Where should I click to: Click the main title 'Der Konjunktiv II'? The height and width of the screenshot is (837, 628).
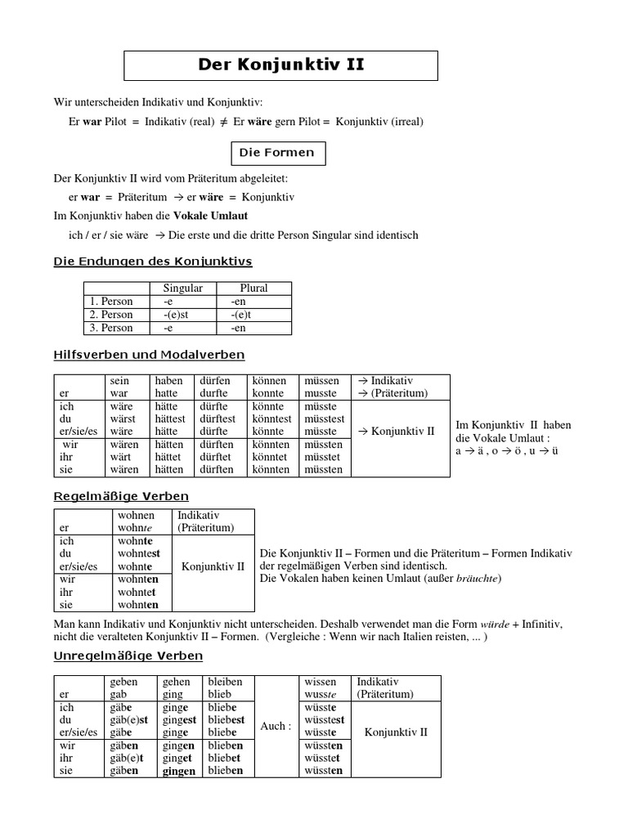281,65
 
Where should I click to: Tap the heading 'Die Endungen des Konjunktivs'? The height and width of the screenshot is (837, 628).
152,262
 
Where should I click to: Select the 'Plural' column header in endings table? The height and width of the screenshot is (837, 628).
253,288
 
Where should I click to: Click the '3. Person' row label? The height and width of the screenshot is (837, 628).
111,328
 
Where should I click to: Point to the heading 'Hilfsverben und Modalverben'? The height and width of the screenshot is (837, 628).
149,355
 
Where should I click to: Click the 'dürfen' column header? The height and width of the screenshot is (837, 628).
215,381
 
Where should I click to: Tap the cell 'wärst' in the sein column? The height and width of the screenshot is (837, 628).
122,418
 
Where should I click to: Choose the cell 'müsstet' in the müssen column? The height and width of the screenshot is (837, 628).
324,457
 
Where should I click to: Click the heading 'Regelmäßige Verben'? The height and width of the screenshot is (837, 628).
121,496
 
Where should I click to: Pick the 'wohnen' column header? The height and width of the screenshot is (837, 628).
136,516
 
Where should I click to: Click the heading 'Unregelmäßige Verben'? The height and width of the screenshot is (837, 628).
128,656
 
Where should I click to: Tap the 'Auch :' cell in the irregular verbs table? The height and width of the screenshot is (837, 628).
275,726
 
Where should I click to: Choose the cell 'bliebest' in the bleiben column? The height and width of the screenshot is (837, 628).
227,719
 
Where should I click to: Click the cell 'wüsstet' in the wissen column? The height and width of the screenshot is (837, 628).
324,758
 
